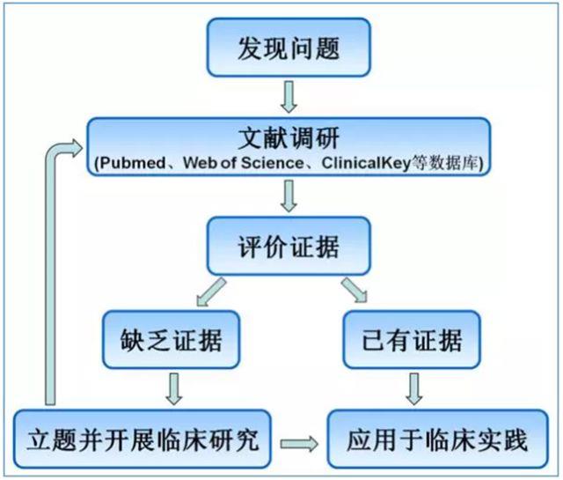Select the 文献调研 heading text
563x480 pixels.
(287, 139)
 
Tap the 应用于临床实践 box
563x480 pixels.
(427, 438)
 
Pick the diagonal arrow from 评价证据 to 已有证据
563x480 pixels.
(354, 292)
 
